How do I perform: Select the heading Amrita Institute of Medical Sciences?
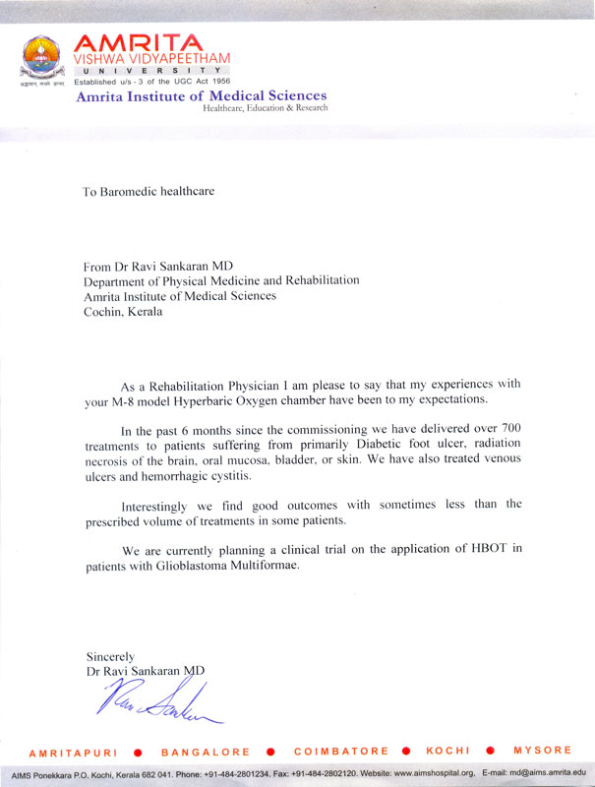(x=201, y=95)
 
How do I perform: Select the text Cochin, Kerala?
(x=124, y=312)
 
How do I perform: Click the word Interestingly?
(x=160, y=505)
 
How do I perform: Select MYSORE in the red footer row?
(x=545, y=752)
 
